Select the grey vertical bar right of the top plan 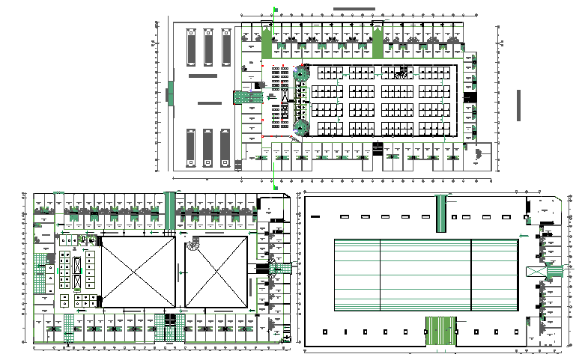[518, 106]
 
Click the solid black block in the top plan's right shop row [469, 97]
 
